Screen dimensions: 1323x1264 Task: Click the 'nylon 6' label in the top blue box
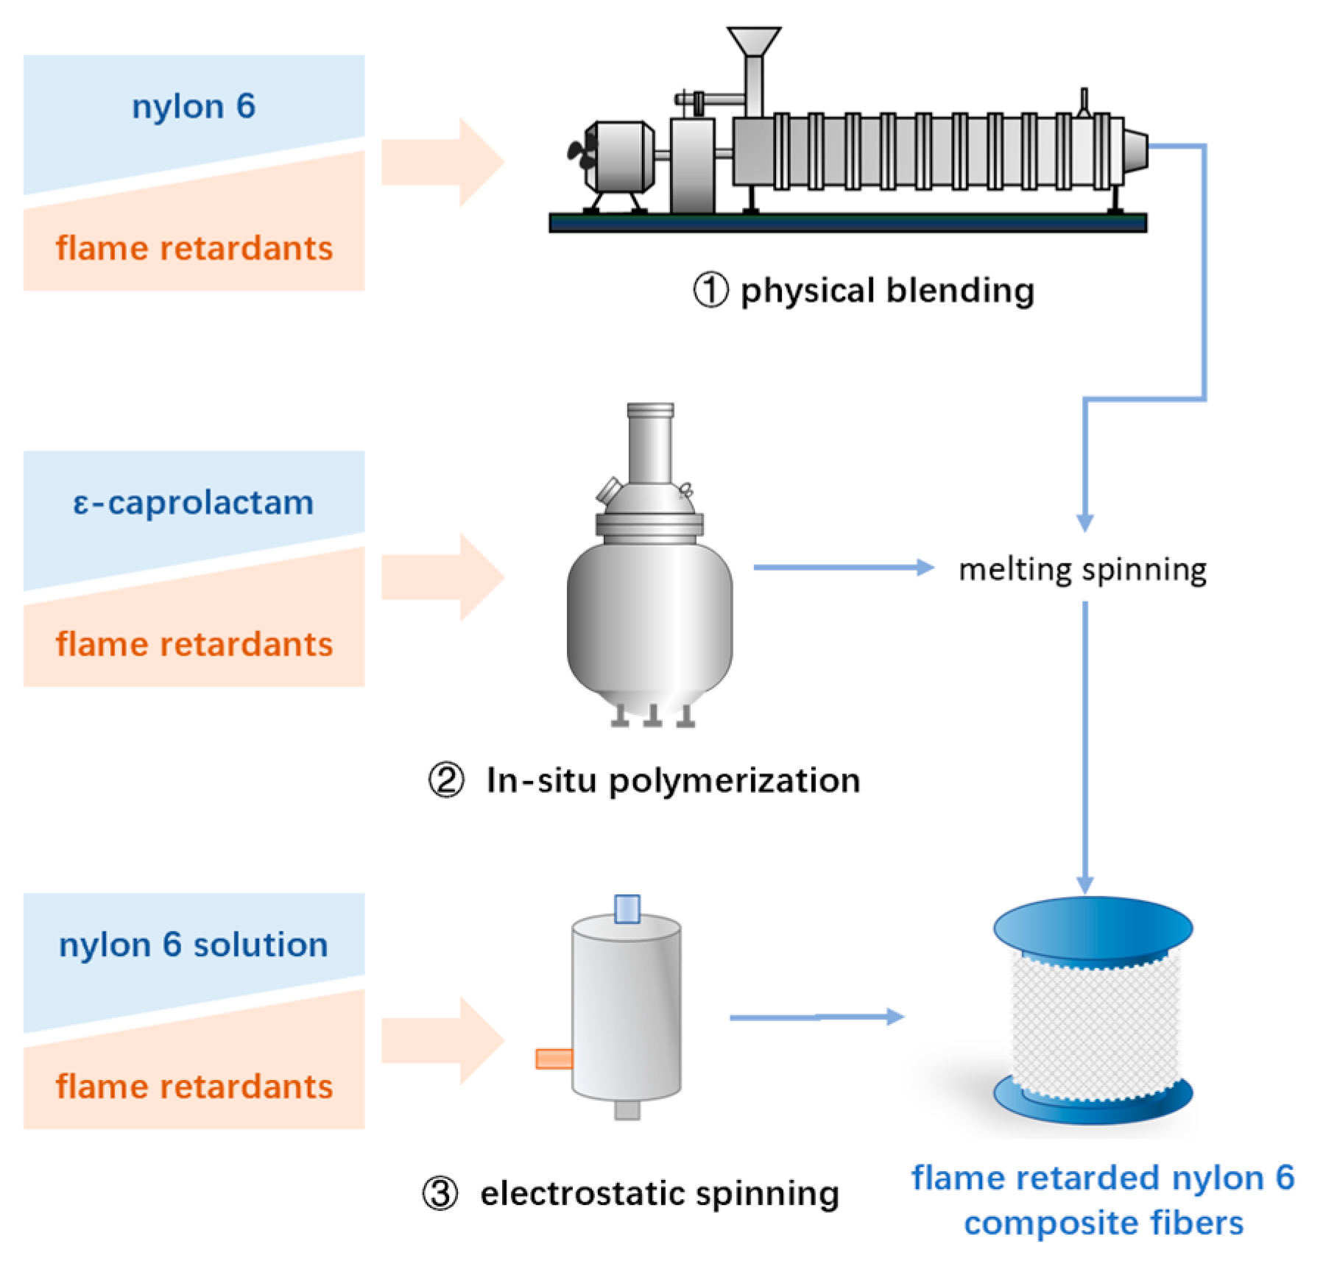click(x=194, y=107)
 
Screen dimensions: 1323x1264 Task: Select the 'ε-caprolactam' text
click(x=194, y=504)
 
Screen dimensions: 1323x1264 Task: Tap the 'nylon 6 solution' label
click(x=194, y=945)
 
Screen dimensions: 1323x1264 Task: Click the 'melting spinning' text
click(x=1082, y=570)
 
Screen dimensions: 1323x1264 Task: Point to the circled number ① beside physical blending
click(x=710, y=289)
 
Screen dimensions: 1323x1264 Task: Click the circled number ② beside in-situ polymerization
click(x=446, y=780)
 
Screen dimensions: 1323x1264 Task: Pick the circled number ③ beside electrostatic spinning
click(x=440, y=1193)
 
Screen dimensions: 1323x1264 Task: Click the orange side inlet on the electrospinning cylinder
click(x=554, y=1059)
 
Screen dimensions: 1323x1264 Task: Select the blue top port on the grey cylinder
click(x=627, y=908)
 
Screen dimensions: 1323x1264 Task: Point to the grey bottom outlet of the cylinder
click(x=627, y=1109)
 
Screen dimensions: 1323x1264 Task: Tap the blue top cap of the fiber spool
click(x=1093, y=928)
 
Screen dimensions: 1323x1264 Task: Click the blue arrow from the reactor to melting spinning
click(x=844, y=568)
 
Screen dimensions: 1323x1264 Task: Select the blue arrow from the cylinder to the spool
click(x=817, y=1017)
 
